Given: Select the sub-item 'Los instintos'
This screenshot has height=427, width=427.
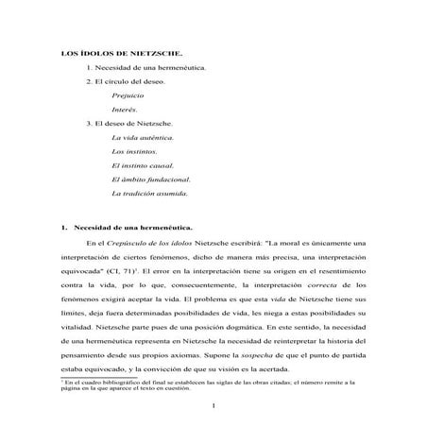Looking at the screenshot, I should [134, 152].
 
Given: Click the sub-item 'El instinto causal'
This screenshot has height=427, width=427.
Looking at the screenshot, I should [143, 165].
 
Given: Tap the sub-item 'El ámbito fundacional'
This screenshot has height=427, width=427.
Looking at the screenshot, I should [150, 179].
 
